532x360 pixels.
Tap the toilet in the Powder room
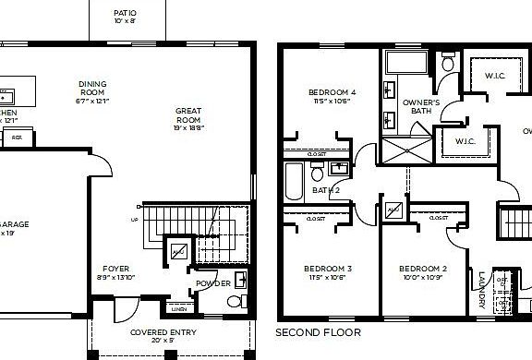pos(235,301)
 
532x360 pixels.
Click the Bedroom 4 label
pos(331,93)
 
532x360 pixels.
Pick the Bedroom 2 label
pos(422,270)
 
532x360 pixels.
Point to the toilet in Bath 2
pos(317,172)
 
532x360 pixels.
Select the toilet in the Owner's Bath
pos(448,64)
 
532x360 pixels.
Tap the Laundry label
pos(481,285)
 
